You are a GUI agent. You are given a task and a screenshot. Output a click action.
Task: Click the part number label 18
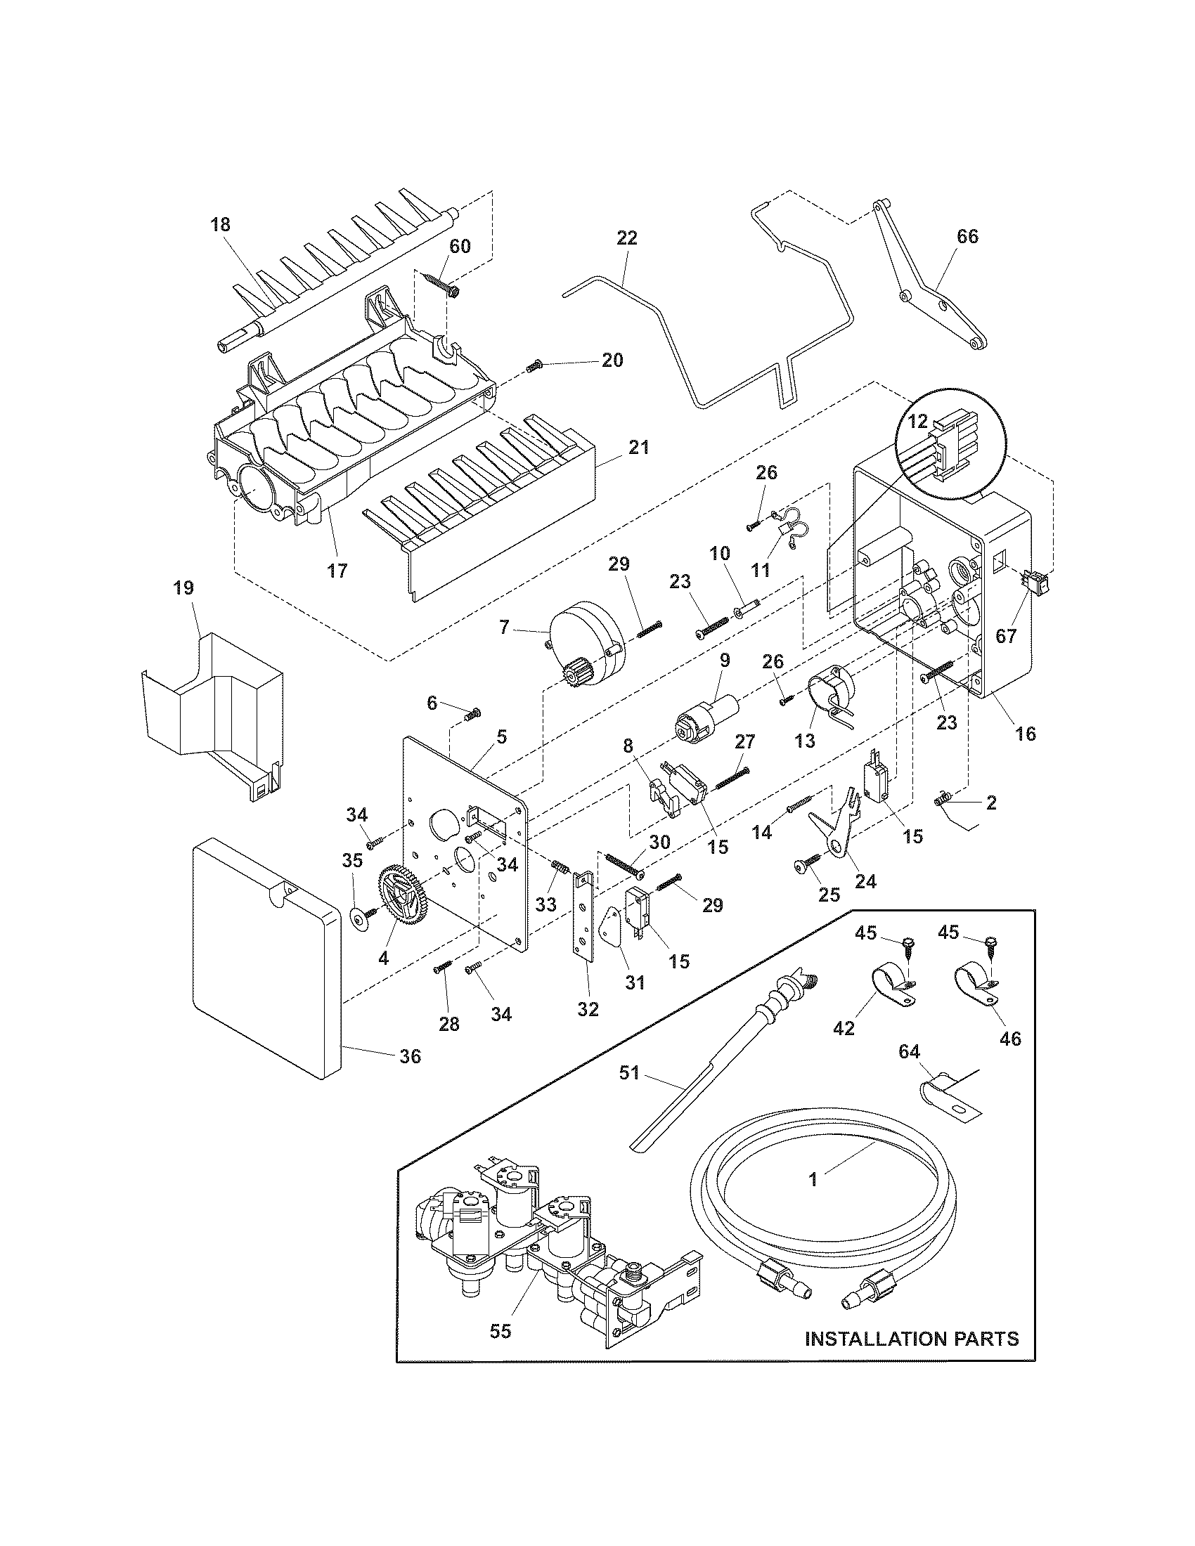click(x=220, y=224)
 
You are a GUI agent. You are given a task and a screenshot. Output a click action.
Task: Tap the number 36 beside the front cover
click(x=411, y=1056)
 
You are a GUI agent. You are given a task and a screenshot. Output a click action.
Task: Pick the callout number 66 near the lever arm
click(x=967, y=236)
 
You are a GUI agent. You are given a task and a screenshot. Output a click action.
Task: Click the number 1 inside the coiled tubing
click(x=813, y=1178)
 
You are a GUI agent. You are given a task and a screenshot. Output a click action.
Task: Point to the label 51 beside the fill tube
click(x=629, y=1073)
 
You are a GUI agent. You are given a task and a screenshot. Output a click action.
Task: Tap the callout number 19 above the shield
click(x=184, y=587)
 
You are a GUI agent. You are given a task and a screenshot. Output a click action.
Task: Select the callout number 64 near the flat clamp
click(x=909, y=1072)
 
